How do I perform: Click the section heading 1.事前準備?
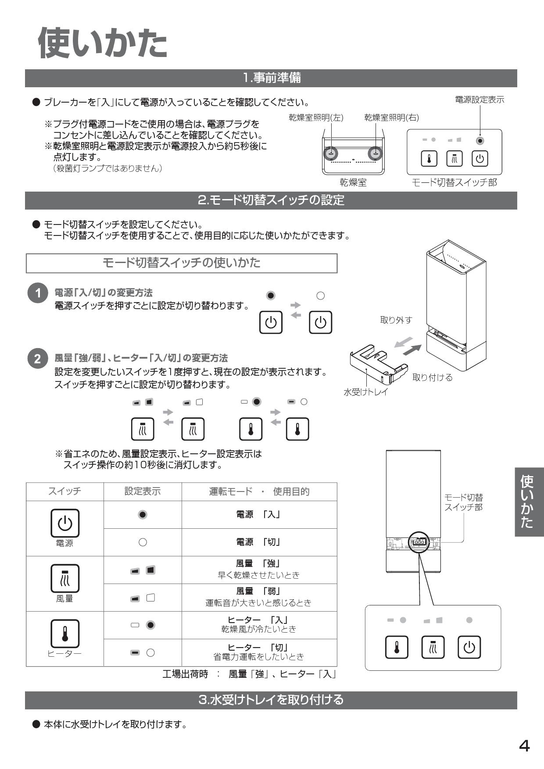tap(271, 78)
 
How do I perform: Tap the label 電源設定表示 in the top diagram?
tap(480, 100)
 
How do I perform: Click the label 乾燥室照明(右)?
tap(391, 117)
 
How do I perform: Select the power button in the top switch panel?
tap(480, 159)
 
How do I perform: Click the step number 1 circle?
tap(37, 293)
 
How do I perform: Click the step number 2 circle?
tap(37, 359)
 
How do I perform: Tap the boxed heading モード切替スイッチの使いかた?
tap(181, 263)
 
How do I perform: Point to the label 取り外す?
tap(396, 320)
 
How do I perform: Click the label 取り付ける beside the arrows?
tap(432, 377)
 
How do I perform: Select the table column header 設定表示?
tap(142, 491)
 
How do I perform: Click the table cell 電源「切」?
tap(259, 542)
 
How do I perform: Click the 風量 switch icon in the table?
tap(64, 578)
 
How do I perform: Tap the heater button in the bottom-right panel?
tap(397, 647)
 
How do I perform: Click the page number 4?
tap(524, 746)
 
